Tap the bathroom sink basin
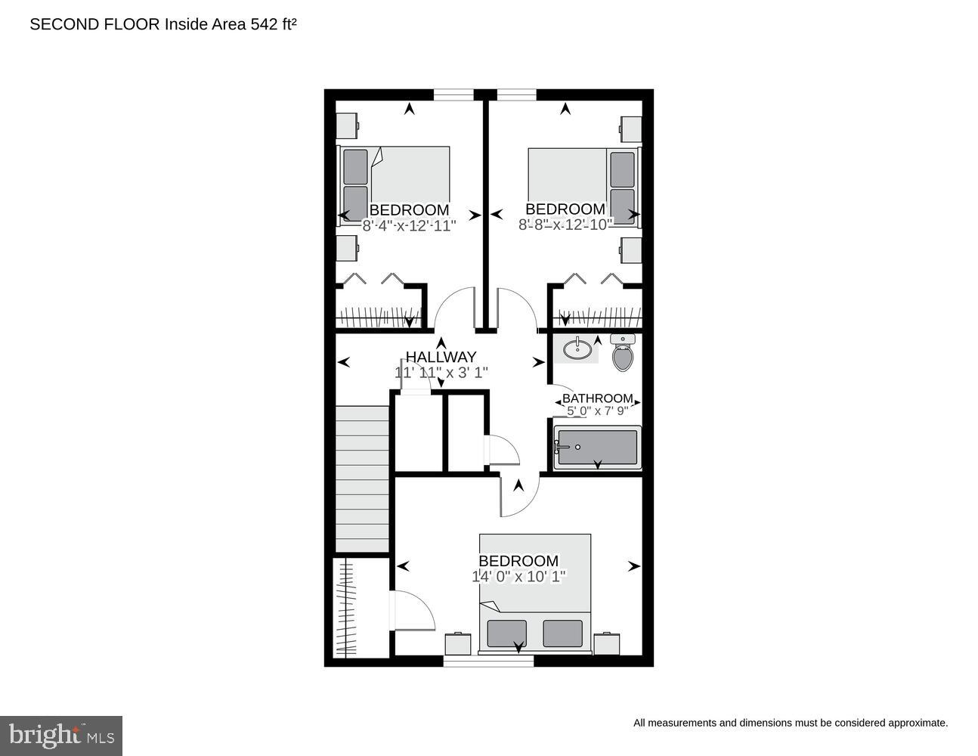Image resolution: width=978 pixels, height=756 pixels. click(x=578, y=349)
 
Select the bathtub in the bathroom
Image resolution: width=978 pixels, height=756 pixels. click(x=597, y=448)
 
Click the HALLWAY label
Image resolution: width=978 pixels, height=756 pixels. click(x=441, y=357)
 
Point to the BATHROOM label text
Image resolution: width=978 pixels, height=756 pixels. click(x=597, y=398)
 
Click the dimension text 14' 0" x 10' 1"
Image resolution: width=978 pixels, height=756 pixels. click(x=518, y=576)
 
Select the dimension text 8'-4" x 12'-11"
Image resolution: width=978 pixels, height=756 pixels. click(x=409, y=225)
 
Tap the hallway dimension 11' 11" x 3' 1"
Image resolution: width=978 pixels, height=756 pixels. click(x=441, y=373)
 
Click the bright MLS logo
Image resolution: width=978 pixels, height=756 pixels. click(x=61, y=736)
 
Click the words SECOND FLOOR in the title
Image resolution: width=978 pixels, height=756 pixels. click(x=94, y=24)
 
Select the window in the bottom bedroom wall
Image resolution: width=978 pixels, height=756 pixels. click(x=488, y=661)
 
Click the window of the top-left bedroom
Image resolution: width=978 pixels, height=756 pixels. click(x=453, y=94)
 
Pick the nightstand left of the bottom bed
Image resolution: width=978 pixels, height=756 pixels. click(x=457, y=643)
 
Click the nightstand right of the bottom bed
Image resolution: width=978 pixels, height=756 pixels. click(x=606, y=643)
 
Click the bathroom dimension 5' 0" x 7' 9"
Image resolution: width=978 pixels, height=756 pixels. click(x=597, y=411)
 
